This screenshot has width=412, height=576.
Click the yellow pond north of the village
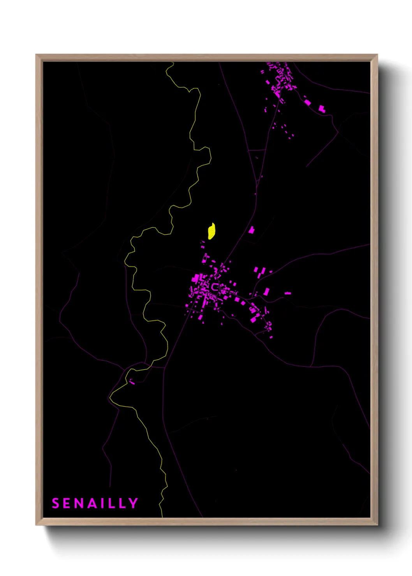211,231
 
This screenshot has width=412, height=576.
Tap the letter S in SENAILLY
56,503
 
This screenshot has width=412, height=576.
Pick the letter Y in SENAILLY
134,503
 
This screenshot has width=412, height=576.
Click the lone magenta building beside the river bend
132,383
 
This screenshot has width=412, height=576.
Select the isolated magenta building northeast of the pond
252,230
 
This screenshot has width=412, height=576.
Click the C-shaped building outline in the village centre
215,287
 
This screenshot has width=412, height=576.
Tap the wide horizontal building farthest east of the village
288,293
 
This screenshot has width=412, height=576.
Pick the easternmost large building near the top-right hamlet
322,109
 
